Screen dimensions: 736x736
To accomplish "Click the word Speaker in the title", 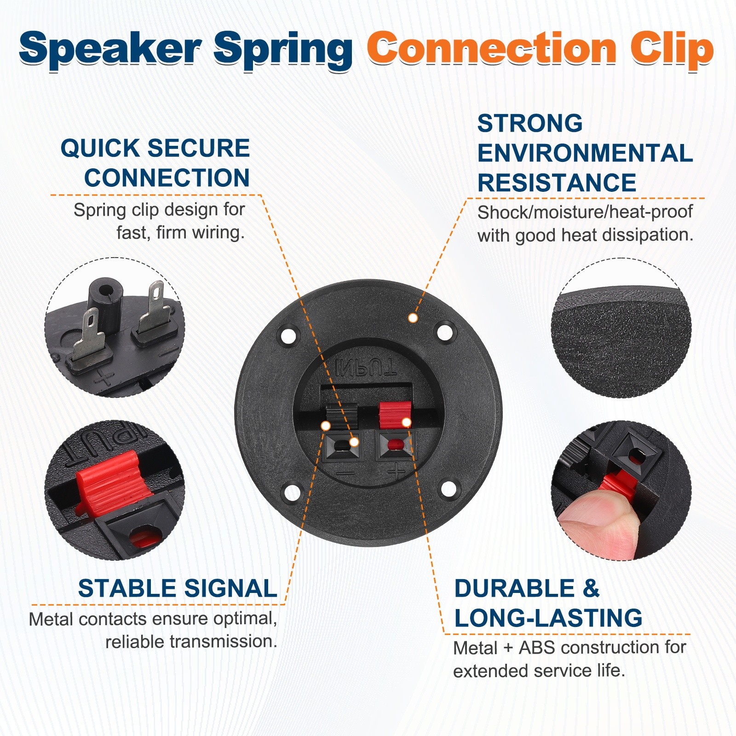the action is pos(110,50).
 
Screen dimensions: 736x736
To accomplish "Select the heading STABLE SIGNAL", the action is pos(178,588).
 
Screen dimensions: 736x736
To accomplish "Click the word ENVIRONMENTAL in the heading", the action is pos(585,153).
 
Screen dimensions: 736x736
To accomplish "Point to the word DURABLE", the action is pos(514,588).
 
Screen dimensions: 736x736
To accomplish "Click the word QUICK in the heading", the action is pos(100,148).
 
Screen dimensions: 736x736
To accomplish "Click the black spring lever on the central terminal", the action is pos(342,416).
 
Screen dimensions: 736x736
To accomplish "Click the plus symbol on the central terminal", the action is pos(396,471).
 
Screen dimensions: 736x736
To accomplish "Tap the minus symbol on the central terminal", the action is pos(345,473).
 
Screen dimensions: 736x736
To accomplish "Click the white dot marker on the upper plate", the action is pos(413,318).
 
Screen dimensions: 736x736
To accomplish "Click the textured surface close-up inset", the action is pos(621,328).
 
